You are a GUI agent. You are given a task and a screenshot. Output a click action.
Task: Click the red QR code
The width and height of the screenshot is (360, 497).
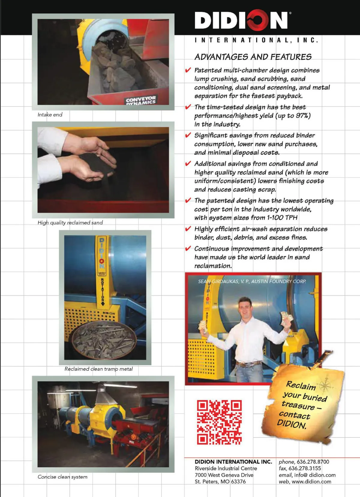point(219,422)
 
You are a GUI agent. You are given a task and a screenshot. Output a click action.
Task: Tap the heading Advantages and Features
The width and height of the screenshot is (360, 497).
point(253,57)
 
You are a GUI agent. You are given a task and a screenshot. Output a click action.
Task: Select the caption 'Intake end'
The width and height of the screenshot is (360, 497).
point(50,115)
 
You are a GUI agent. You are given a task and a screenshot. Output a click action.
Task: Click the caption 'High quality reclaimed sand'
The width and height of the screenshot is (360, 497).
point(70,223)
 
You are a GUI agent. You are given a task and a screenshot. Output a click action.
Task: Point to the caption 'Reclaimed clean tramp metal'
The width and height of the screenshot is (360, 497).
point(98,369)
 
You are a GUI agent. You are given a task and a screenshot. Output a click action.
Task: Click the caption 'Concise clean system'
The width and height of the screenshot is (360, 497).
point(62,477)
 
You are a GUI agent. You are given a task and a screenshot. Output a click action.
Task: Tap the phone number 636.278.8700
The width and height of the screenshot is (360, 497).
point(313,462)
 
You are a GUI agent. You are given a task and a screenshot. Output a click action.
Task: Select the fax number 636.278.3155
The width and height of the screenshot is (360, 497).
point(305,468)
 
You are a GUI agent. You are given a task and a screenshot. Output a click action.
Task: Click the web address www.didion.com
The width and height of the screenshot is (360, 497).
point(311,481)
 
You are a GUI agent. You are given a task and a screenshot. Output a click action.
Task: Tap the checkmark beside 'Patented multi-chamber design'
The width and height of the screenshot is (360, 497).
point(188,70)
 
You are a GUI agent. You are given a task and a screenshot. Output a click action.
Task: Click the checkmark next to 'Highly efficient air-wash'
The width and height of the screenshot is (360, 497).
point(188,229)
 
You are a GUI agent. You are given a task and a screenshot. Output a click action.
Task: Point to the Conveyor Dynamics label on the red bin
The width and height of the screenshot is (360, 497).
point(141,100)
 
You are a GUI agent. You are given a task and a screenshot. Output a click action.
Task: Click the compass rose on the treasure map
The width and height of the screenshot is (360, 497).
point(325,384)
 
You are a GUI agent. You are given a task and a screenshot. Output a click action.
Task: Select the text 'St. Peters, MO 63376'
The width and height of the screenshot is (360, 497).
point(220,481)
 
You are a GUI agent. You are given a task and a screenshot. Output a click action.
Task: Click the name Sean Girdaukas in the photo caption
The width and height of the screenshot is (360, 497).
point(215,281)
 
